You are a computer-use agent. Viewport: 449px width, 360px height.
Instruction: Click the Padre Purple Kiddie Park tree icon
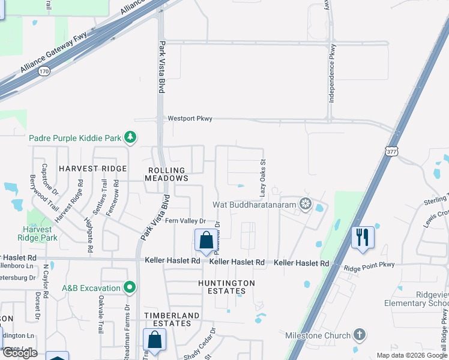pyautogui.click(x=130, y=138)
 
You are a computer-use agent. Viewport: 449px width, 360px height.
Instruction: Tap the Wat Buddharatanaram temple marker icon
pyautogui.click(x=306, y=205)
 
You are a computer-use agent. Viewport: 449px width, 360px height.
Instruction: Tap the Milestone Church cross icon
pyautogui.click(x=359, y=334)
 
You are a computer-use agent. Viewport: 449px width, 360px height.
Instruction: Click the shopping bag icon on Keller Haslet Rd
pyautogui.click(x=205, y=240)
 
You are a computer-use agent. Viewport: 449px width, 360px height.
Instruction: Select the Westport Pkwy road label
pyautogui.click(x=190, y=119)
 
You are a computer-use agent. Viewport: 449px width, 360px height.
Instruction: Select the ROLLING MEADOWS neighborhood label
pyautogui.click(x=168, y=173)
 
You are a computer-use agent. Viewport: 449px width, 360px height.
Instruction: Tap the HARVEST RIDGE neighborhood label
pyautogui.click(x=93, y=169)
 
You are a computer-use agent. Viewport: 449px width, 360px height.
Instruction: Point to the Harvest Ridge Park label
pyautogui.click(x=40, y=233)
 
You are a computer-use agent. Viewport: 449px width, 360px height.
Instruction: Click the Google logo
pyautogui.click(x=19, y=353)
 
